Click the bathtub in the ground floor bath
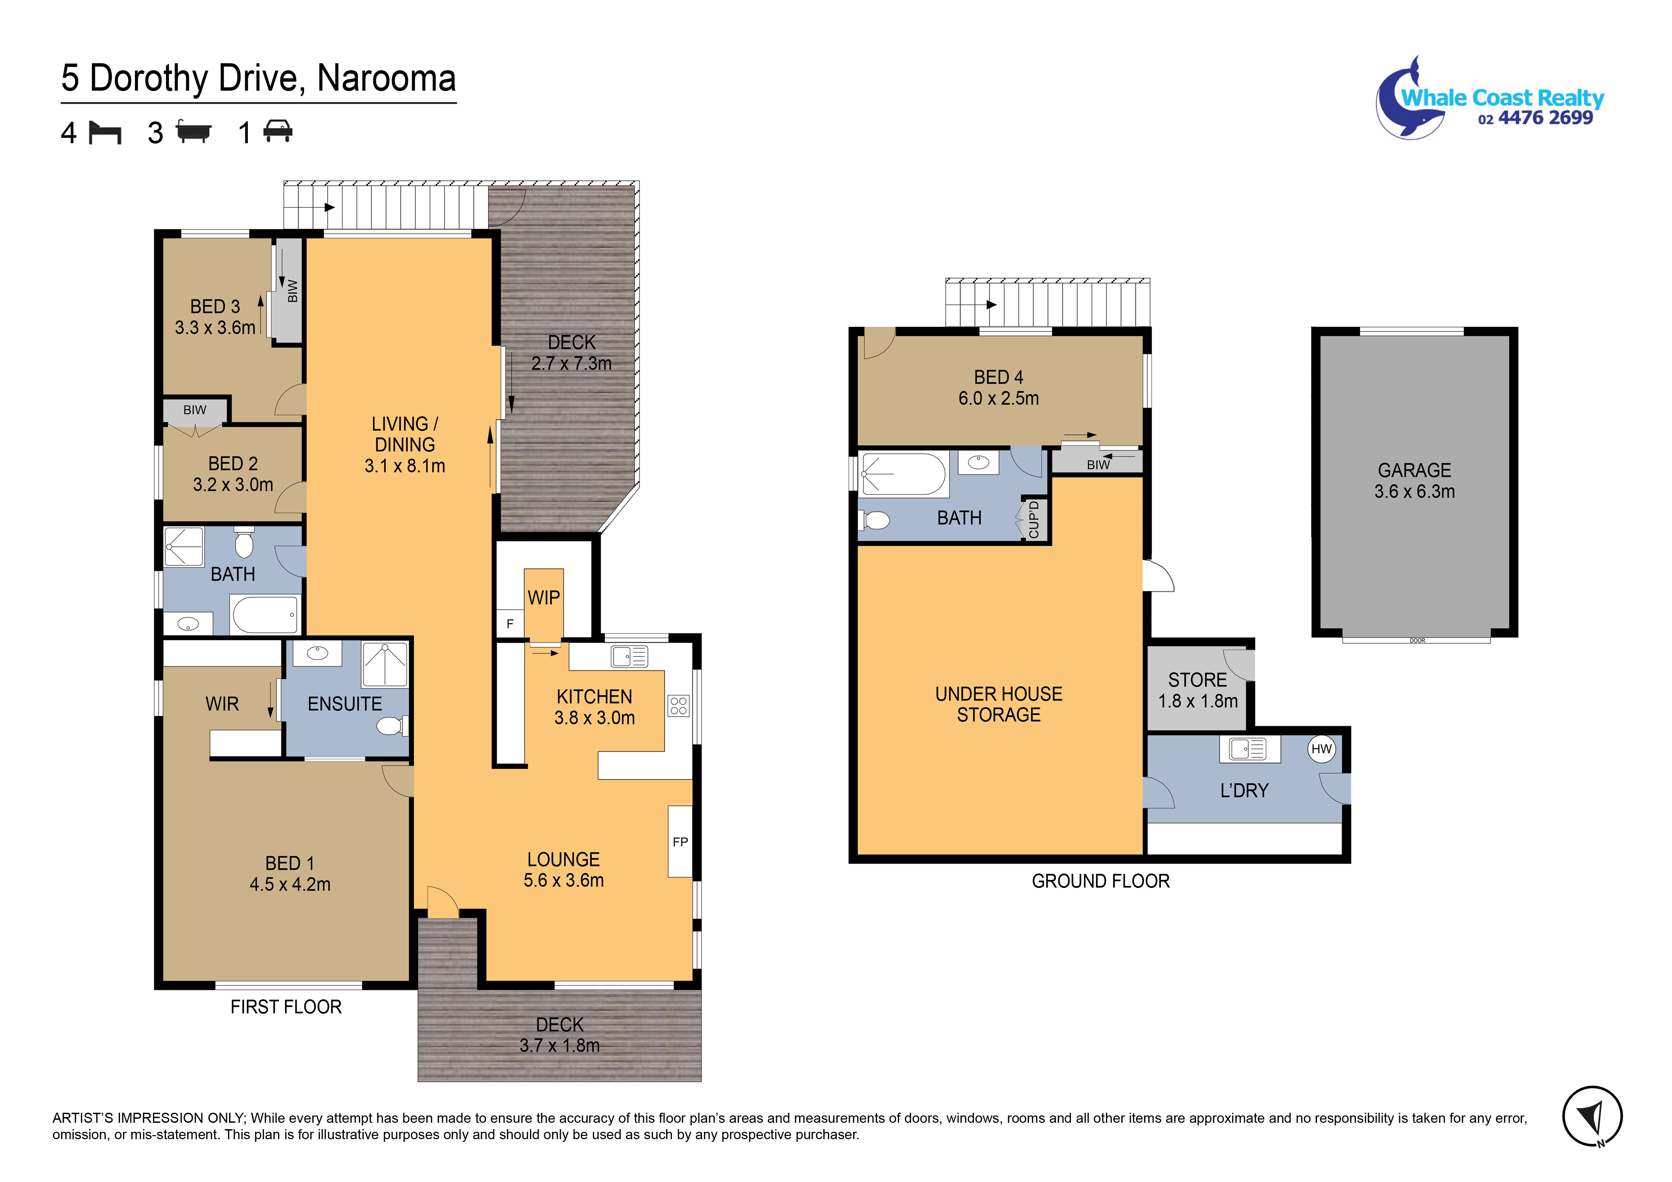point(903,474)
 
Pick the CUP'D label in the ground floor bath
point(1034,519)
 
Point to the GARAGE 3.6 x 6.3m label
point(1414,481)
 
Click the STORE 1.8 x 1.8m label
point(1198,691)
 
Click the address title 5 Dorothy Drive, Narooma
point(259,79)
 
